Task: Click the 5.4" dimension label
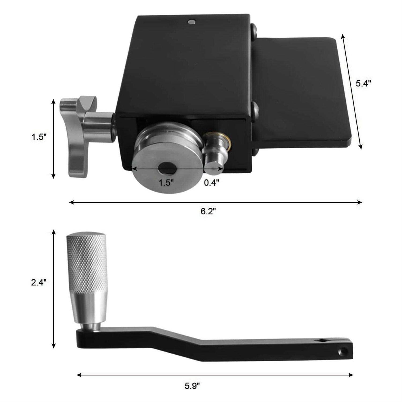363,83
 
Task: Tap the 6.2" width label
208,211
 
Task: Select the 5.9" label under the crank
192,386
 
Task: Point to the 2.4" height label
39,282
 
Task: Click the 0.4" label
211,183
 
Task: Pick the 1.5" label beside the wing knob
39,137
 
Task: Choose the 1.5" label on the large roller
166,183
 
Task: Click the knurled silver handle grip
86,263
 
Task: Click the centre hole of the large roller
167,168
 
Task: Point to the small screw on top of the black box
192,22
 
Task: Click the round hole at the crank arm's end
343,352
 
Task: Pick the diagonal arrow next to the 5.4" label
351,91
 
